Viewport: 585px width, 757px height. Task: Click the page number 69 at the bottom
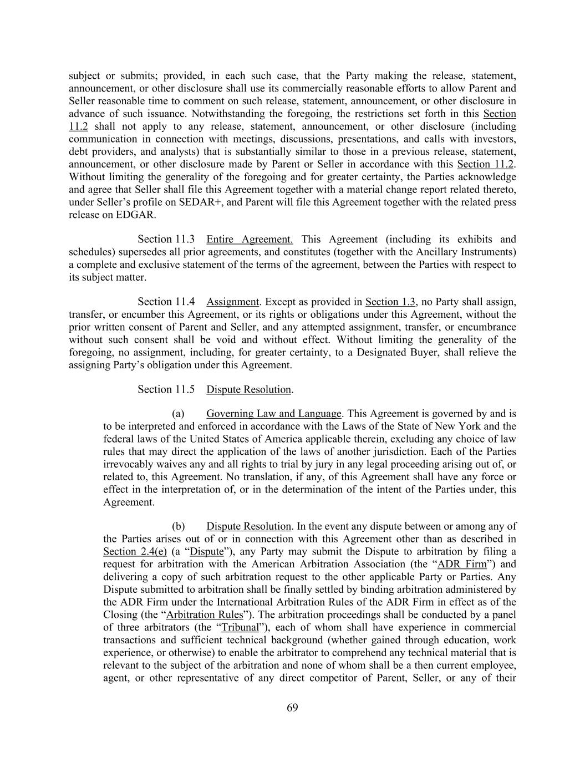click(293, 708)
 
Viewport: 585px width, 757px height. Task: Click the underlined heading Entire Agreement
click(250, 240)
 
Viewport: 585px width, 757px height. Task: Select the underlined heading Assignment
click(232, 302)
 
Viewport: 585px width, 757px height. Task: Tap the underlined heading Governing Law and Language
click(273, 414)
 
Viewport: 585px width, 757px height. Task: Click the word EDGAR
click(135, 215)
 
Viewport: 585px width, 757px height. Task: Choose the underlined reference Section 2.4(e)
click(135, 552)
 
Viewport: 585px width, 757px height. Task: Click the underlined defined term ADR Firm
click(462, 565)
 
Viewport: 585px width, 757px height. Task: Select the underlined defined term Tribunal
click(240, 627)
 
